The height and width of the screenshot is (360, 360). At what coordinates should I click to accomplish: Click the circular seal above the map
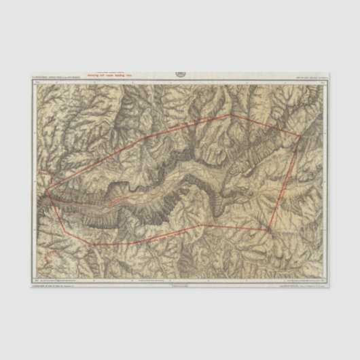tap(180, 73)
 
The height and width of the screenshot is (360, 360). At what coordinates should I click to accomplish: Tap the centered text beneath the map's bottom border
tap(180, 286)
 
